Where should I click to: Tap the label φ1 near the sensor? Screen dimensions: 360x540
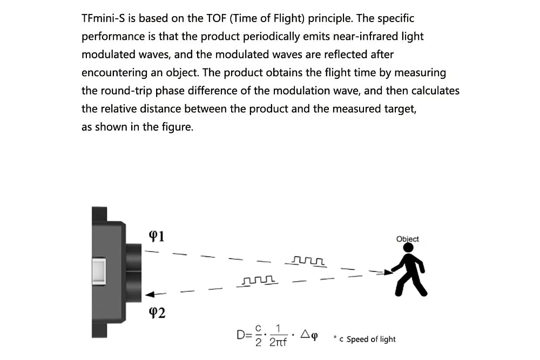pos(156,236)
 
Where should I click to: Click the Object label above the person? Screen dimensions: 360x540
pos(407,239)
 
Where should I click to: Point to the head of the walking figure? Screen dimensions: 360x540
pos(409,248)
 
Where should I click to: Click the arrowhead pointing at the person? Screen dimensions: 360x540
pos(387,273)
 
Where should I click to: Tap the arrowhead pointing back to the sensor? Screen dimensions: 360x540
pos(151,294)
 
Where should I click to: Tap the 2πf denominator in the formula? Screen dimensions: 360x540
pos(278,342)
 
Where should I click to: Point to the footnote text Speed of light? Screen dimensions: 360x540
pos(371,339)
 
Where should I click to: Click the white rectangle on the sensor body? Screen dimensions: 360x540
pos(98,271)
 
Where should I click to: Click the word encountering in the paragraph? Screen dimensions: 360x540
pos(107,73)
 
